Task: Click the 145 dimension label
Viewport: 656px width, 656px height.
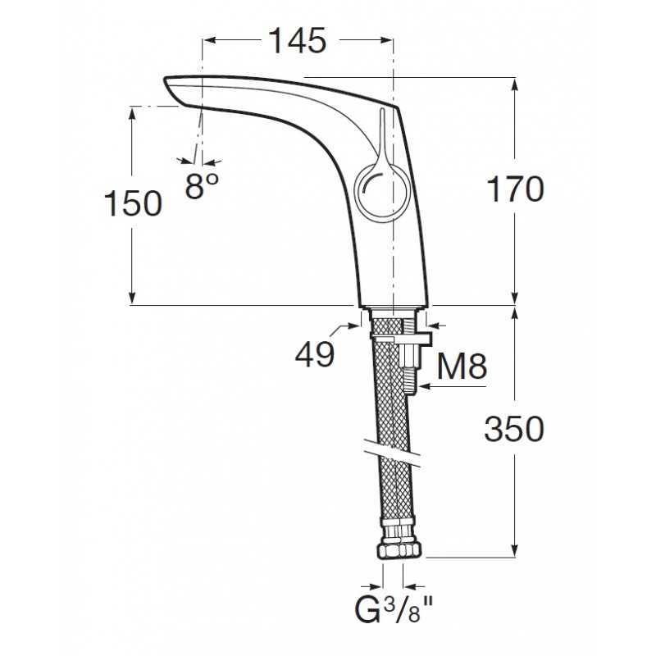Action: point(297,39)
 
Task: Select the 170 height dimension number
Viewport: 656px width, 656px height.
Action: point(516,191)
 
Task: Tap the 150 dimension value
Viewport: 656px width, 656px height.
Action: point(132,203)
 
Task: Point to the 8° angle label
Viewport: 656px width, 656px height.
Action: point(202,187)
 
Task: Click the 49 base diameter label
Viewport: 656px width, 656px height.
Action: point(314,354)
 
